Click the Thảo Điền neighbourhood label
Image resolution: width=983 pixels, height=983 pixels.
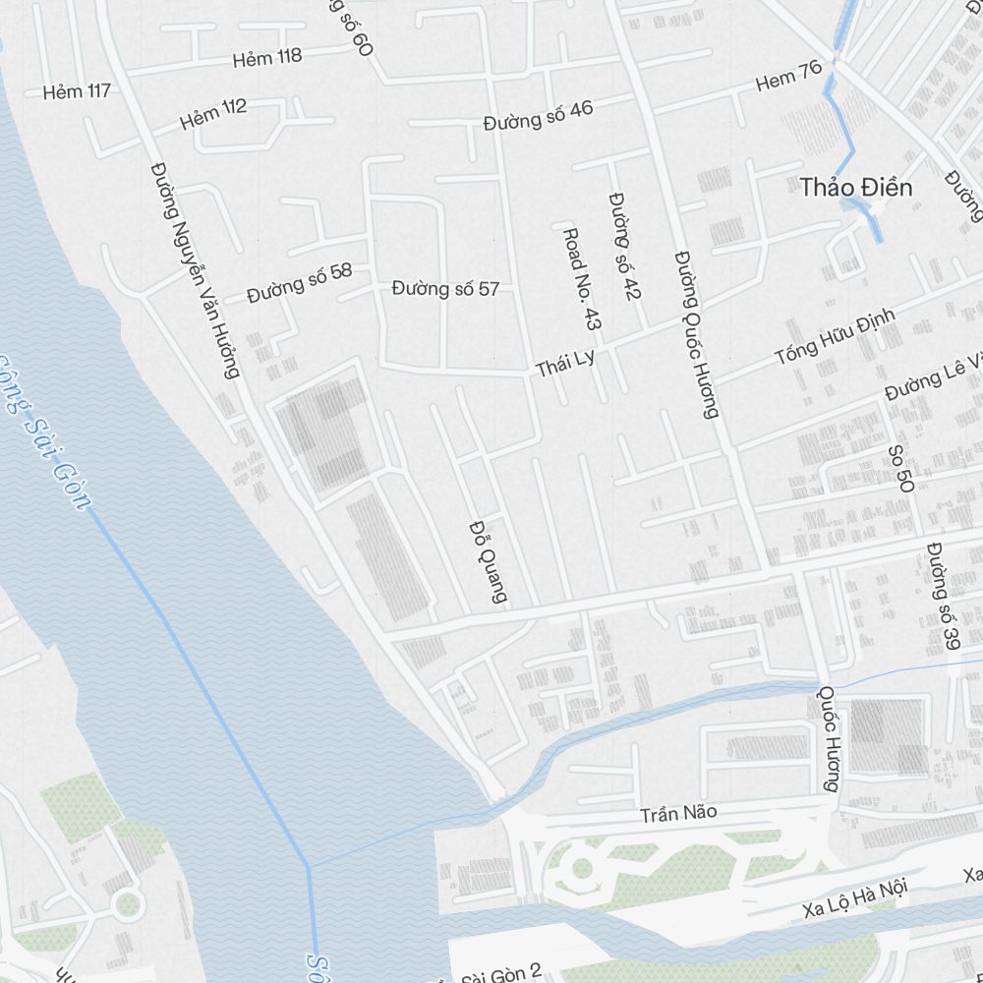point(856,187)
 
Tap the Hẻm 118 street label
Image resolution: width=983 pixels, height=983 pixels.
point(267,57)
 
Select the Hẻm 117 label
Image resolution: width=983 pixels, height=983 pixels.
point(77,91)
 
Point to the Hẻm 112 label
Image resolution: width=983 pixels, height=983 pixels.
point(213,114)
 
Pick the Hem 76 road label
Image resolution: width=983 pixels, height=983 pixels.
point(788,76)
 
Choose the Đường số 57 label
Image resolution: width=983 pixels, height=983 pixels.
point(445,289)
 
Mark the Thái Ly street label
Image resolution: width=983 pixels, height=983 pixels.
point(565,364)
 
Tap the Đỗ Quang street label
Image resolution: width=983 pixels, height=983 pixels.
point(489,560)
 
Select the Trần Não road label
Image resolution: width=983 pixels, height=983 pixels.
point(678,814)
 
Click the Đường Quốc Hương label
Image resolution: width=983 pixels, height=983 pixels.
point(697,334)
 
